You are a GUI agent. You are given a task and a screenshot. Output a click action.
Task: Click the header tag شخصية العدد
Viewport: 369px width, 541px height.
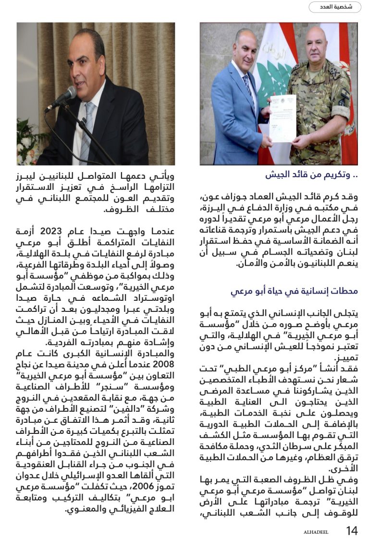[334, 7]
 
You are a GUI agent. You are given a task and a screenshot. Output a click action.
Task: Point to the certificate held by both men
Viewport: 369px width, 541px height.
[283, 118]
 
